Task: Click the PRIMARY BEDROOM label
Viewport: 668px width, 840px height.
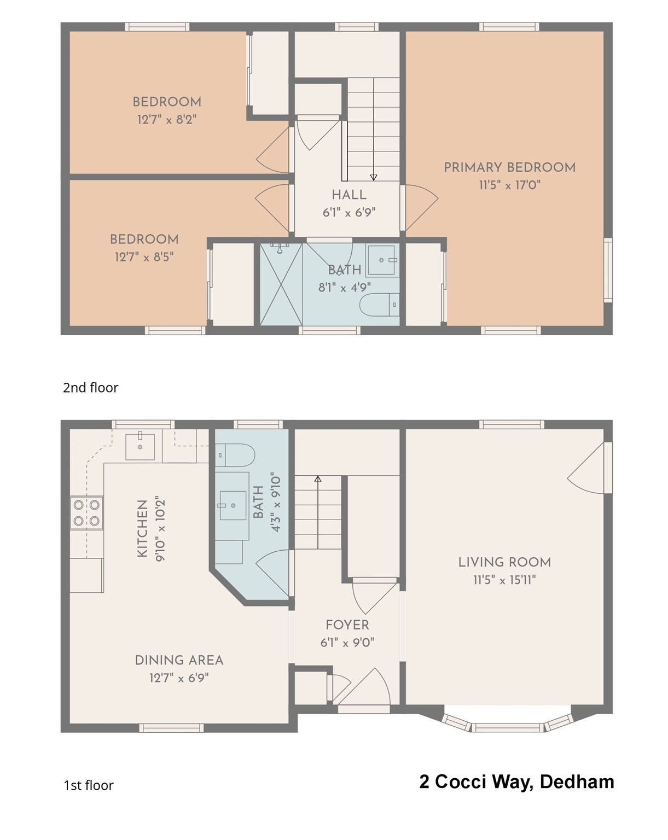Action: (x=509, y=167)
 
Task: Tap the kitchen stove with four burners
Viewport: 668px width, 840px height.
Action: (x=86, y=513)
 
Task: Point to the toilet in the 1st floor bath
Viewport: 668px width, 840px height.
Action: (x=236, y=455)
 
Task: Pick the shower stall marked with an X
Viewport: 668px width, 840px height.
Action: (x=281, y=284)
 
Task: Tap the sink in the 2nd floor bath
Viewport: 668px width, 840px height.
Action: (x=381, y=260)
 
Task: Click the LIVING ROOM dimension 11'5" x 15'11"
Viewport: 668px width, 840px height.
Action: (x=504, y=580)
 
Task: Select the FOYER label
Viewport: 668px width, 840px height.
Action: (x=347, y=625)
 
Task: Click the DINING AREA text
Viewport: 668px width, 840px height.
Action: (x=179, y=660)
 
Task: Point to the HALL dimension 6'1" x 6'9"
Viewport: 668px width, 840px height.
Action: (x=349, y=213)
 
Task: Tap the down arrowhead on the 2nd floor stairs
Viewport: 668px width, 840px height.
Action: (x=374, y=177)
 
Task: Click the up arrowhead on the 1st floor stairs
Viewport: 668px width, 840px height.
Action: (x=318, y=479)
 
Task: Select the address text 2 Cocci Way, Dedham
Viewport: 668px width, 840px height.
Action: (x=516, y=782)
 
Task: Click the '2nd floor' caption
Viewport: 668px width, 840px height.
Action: (x=91, y=388)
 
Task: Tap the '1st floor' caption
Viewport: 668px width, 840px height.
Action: (x=89, y=785)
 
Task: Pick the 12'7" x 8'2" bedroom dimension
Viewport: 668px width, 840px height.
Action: (x=167, y=119)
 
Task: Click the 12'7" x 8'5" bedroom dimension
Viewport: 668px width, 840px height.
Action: (x=144, y=256)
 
